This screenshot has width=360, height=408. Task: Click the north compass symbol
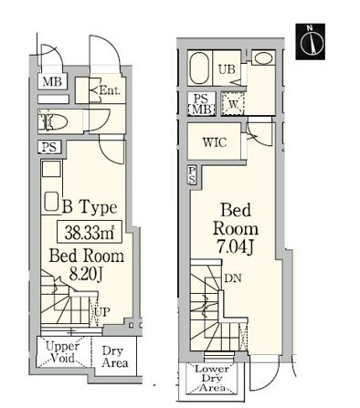pyautogui.click(x=310, y=41)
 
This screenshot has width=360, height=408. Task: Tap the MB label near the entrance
pyautogui.click(x=52, y=81)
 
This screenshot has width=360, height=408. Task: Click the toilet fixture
pyautogui.click(x=53, y=121)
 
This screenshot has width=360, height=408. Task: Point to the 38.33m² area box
pyautogui.click(x=90, y=232)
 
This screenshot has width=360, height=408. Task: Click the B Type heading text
pyautogui.click(x=90, y=207)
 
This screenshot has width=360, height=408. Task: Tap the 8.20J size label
pyautogui.click(x=86, y=274)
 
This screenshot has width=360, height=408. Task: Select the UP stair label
pyautogui.click(x=101, y=312)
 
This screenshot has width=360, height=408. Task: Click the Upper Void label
pyautogui.click(x=62, y=351)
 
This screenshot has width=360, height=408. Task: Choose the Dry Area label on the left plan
pyautogui.click(x=115, y=357)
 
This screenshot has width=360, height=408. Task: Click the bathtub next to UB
pyautogui.click(x=200, y=68)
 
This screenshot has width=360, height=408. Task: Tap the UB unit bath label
pyautogui.click(x=227, y=69)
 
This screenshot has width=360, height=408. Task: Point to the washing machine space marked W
pyautogui.click(x=233, y=104)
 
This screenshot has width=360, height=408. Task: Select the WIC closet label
pyautogui.click(x=215, y=142)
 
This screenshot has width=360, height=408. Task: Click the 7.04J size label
pyautogui.click(x=235, y=247)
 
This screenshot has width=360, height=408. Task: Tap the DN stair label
pyautogui.click(x=233, y=277)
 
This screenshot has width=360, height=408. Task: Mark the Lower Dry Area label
pyautogui.click(x=212, y=379)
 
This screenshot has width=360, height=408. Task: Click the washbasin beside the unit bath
pyautogui.click(x=263, y=58)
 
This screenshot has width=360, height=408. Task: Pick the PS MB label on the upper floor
pyautogui.click(x=201, y=104)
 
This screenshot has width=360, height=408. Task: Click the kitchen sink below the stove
pyautogui.click(x=51, y=201)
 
